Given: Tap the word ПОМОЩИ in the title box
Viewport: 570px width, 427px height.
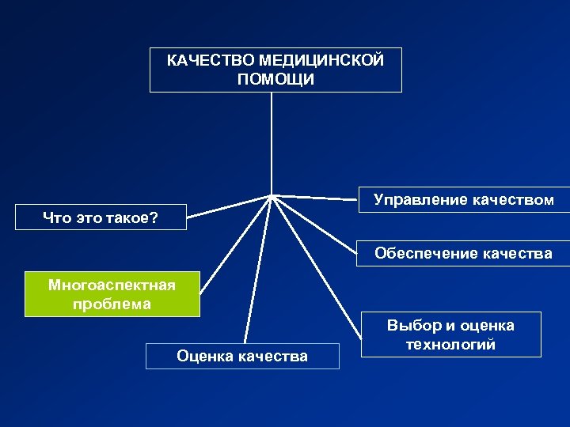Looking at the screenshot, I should coord(275,80).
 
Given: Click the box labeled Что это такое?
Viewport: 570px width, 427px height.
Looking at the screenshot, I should coord(101,217).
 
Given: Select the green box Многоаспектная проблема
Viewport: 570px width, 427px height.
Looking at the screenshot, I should coord(112,294).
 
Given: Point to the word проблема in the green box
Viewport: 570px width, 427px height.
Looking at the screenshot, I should coord(112,304).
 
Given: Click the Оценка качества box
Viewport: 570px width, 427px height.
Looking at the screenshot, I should coord(242,356).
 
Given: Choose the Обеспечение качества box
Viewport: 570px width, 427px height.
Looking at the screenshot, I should coord(463,254).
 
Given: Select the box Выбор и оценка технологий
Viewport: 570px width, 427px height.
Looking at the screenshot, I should coord(450,334).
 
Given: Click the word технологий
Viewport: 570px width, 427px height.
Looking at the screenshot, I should coord(450,345).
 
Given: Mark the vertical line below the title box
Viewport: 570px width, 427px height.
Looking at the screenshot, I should coord(272,142).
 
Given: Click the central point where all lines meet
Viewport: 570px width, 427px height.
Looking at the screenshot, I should coord(272,195).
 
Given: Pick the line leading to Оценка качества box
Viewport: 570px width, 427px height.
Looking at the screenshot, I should coord(259,269).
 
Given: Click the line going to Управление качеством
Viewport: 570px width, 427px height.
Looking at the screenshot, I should coord(317,197).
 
